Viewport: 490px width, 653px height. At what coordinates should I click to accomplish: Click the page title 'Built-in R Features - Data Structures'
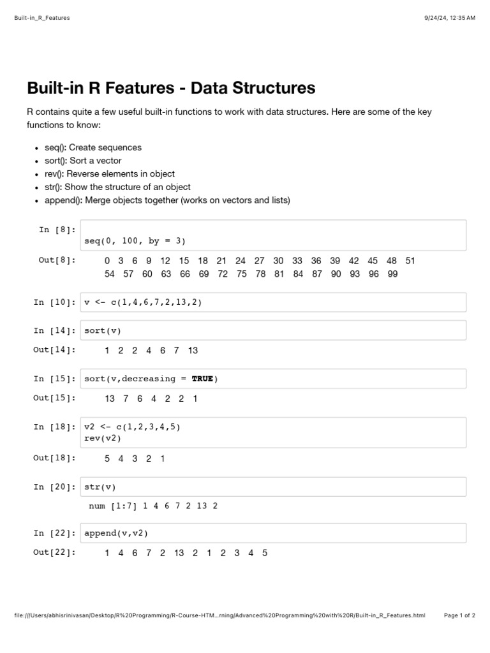coord(171,87)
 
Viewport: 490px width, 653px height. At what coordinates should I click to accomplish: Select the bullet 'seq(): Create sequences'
coord(93,147)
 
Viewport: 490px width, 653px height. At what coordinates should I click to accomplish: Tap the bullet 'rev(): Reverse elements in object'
coord(109,173)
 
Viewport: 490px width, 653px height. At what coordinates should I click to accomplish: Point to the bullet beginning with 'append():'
coord(167,200)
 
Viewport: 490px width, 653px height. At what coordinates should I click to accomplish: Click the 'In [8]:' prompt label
coord(57,230)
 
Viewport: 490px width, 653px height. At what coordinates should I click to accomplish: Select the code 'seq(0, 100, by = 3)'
coord(135,241)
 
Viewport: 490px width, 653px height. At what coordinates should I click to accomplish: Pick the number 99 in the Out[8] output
coord(392,274)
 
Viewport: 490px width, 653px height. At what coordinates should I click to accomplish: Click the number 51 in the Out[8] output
coord(410,260)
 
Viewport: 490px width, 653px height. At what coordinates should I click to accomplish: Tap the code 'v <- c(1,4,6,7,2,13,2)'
coord(143,302)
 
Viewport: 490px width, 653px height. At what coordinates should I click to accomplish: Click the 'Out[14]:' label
coord(54,349)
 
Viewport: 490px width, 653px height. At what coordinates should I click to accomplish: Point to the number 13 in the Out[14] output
coord(193,350)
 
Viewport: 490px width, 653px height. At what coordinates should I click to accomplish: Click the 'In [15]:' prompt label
coord(54,379)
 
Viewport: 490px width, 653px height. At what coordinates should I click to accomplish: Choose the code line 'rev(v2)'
coord(102,438)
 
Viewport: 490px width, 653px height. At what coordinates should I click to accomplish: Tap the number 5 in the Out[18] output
coord(107,459)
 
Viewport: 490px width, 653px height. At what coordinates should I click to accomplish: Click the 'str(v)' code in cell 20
coord(100,487)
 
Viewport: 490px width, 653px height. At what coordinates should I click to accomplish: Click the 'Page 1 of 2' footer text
coord(459,615)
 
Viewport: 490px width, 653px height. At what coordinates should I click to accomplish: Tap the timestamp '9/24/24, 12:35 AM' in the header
coord(450,18)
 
